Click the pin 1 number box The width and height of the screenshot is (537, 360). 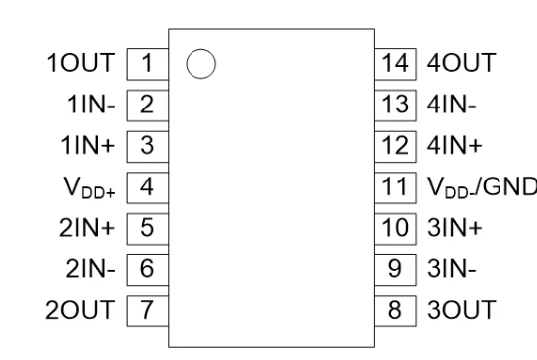[146, 65]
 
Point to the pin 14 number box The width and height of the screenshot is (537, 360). [395, 65]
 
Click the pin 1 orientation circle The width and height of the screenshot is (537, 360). [200, 65]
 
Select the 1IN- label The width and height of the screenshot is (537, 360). [97, 106]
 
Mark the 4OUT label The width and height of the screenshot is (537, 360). [452, 65]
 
